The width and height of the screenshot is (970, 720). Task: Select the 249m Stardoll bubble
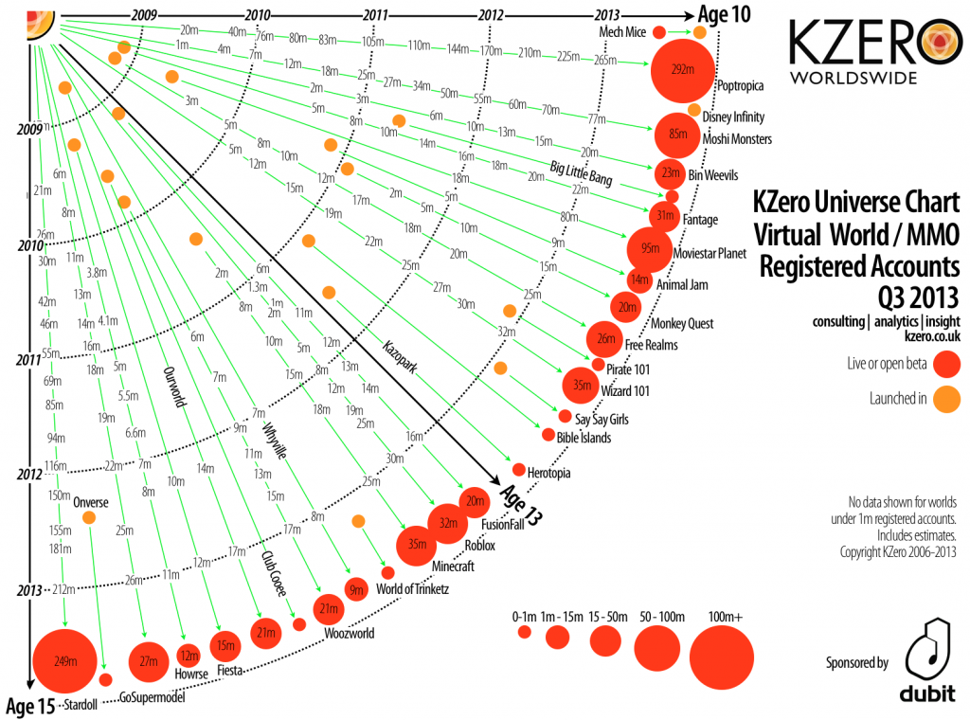coord(64,660)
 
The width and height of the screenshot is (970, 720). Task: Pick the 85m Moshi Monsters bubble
coord(676,134)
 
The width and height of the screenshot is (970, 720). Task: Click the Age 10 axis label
coord(726,13)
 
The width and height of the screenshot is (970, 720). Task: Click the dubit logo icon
coord(925,653)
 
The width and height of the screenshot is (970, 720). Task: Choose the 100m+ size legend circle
coord(722,657)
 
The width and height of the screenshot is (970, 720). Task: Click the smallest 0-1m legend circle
coord(524,633)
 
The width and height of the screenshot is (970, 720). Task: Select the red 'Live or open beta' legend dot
coord(946,364)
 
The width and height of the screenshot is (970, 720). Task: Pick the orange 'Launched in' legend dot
coord(946,398)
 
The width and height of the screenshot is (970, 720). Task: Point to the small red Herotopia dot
coord(519,469)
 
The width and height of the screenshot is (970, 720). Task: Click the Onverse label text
coord(92,502)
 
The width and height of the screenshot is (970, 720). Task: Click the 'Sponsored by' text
coord(856,663)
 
